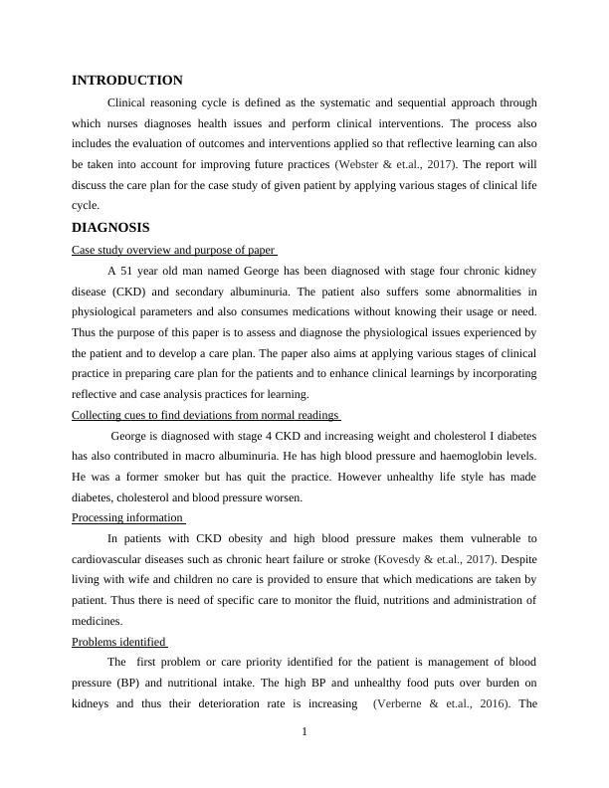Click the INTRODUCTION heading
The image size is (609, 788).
(x=127, y=81)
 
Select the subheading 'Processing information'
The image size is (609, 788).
(x=128, y=517)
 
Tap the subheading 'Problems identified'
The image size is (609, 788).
(x=119, y=642)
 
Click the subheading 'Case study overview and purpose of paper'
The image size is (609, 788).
(x=174, y=250)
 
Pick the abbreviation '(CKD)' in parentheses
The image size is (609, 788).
(x=139, y=292)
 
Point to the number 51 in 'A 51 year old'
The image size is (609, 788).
(x=127, y=271)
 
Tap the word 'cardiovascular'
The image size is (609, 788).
(x=111, y=558)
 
